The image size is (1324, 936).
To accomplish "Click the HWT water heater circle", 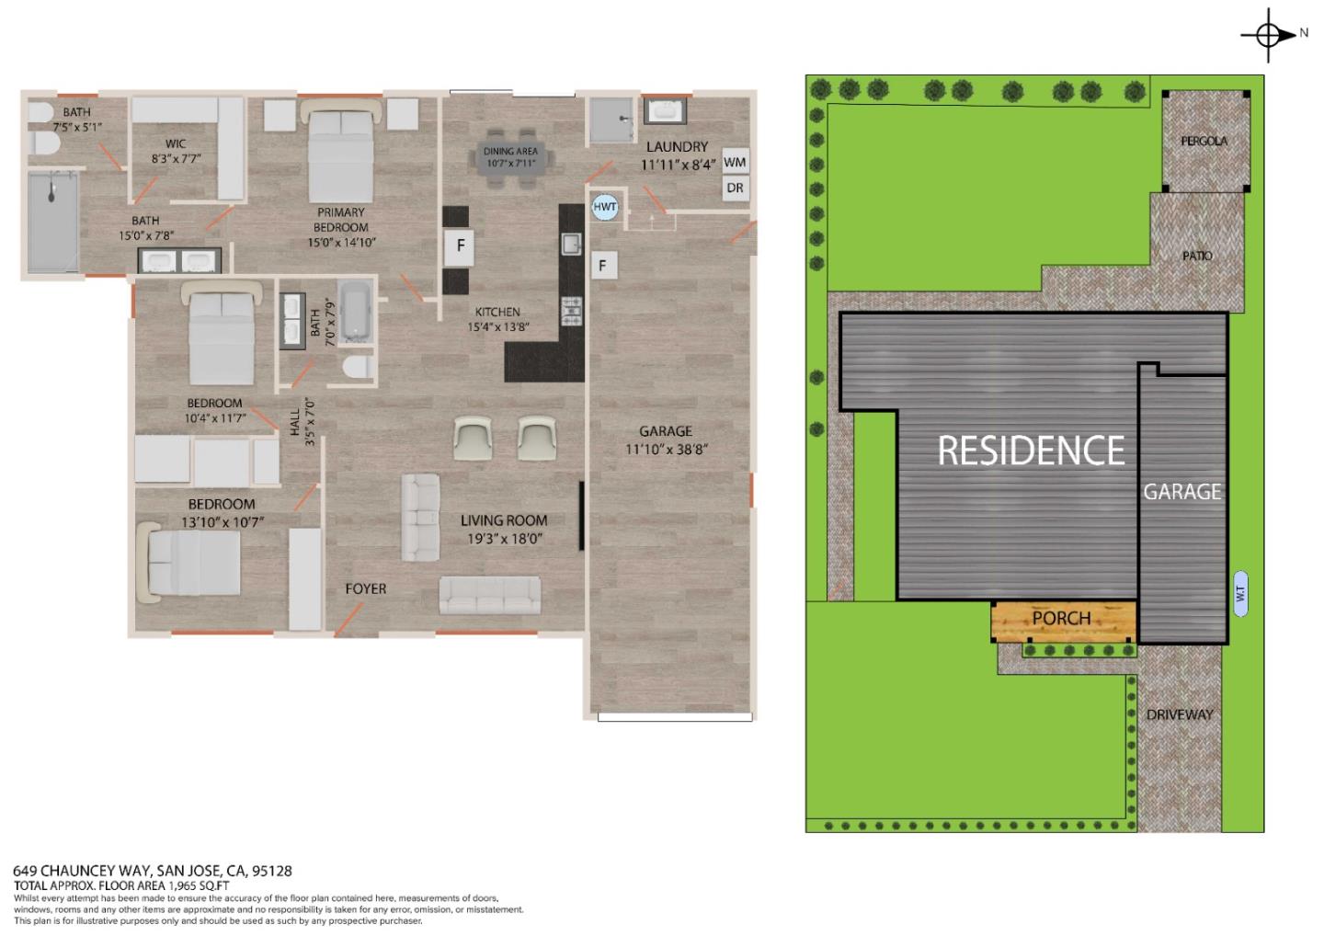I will click(604, 207).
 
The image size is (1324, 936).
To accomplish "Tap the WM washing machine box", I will click(735, 162).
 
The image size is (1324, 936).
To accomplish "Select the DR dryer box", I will click(735, 188).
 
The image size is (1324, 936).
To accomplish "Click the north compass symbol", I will click(1268, 35).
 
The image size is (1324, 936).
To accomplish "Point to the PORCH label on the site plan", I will click(1061, 618).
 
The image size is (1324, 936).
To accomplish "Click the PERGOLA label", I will click(1204, 141).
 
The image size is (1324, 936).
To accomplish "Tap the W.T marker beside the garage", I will click(1239, 594).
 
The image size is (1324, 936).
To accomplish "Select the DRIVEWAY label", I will click(1180, 714).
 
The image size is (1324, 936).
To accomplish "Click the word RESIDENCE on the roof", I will click(1031, 451).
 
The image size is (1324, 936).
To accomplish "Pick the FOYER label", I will click(365, 588).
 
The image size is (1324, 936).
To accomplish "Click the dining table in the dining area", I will click(510, 157).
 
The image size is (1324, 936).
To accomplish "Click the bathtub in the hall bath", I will click(354, 312).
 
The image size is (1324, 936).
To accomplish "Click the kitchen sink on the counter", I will click(571, 244).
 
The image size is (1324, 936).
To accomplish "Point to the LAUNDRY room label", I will click(677, 146).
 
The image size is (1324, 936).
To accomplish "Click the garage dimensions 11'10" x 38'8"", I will click(667, 450).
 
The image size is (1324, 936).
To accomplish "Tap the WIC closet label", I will click(176, 143).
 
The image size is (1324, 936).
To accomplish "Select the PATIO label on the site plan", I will click(1197, 256).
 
